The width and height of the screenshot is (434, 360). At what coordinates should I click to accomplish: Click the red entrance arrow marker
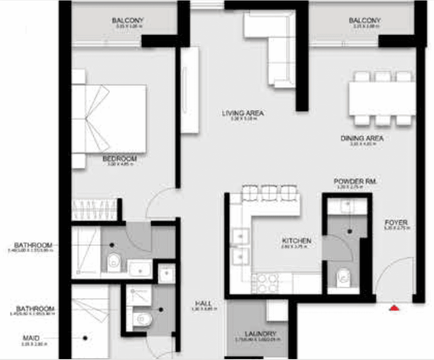coord(394,308)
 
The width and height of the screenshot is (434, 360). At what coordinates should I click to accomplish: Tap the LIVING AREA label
coord(243,113)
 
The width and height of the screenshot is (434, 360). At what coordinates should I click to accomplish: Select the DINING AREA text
coord(362,139)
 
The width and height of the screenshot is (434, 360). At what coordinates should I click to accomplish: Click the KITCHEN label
coord(296,241)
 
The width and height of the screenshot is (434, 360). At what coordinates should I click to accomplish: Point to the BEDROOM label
coord(119,158)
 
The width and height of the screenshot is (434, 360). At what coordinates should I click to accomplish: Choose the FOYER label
coord(396,223)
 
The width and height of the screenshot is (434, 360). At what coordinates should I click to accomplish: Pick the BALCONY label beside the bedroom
coord(128,21)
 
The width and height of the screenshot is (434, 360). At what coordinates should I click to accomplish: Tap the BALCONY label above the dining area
coord(365,21)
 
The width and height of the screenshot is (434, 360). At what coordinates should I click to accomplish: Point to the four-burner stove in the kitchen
coord(265,283)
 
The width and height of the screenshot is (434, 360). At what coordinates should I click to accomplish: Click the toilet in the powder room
coord(344,278)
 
